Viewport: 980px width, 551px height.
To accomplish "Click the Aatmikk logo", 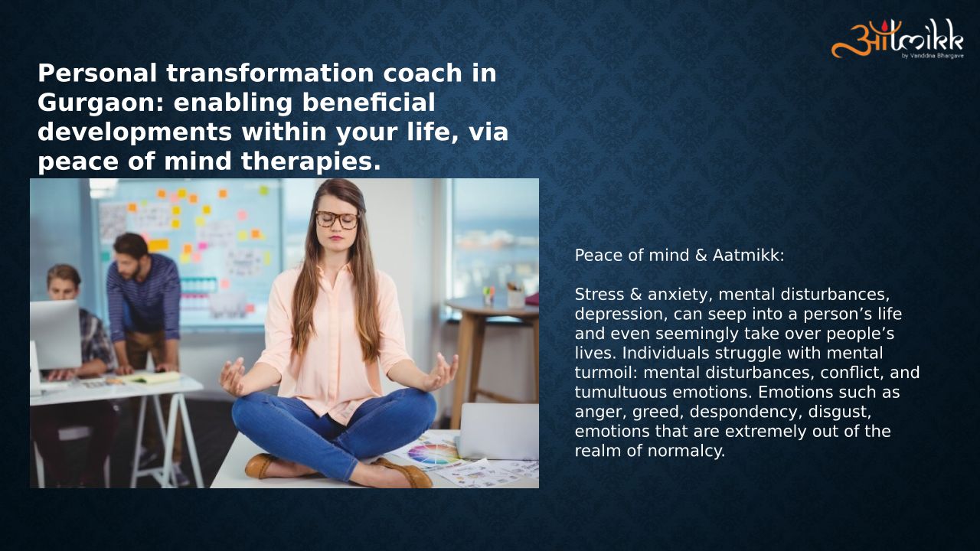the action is coord(897,39).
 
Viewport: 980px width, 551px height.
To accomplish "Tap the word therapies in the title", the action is coord(311,161).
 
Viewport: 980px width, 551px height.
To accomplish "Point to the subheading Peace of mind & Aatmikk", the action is coord(679,256).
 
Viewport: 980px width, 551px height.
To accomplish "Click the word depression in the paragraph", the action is coord(619,314).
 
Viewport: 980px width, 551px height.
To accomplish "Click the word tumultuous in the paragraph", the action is coord(621,393).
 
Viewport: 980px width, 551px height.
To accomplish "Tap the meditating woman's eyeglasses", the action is coord(337,220).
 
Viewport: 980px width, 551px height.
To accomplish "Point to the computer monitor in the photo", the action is coord(55,334).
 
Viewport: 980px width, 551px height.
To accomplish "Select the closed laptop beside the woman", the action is coord(498,431).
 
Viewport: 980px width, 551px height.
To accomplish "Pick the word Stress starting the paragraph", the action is coord(599,295).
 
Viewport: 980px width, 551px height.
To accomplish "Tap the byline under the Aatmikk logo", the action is coord(933,56).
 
